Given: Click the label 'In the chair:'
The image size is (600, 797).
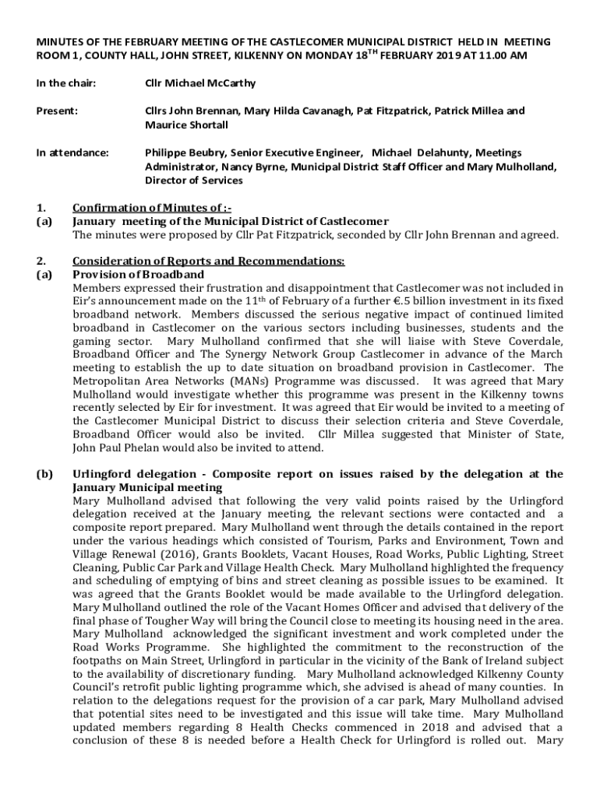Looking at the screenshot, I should pyautogui.click(x=65, y=83).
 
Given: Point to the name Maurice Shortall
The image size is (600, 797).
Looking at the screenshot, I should pyautogui.click(x=186, y=125).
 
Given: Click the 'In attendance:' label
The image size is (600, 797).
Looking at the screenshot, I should pyautogui.click(x=72, y=153).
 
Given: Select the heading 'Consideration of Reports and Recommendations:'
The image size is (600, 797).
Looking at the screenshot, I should pyautogui.click(x=208, y=262).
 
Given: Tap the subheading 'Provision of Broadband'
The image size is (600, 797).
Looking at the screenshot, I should pyautogui.click(x=138, y=275).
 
